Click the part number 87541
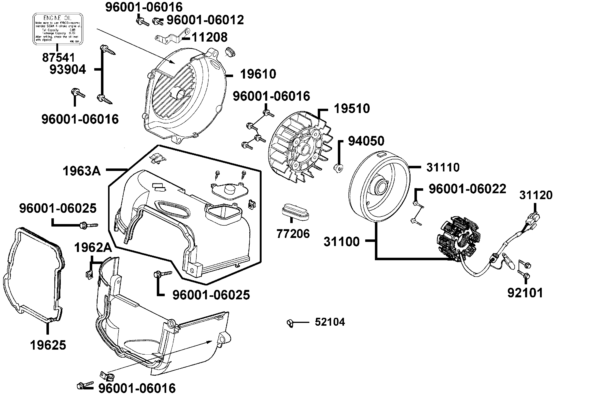[58, 58]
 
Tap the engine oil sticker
[58, 29]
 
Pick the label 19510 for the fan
[352, 109]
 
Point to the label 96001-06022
[467, 189]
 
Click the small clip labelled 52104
[290, 323]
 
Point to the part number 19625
[48, 345]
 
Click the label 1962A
[93, 248]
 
